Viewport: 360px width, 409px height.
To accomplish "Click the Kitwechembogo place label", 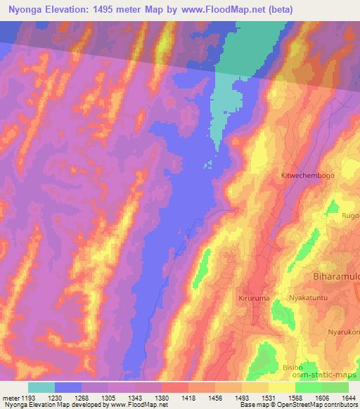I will [x=307, y=174].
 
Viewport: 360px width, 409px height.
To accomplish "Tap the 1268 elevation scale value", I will [x=96, y=398].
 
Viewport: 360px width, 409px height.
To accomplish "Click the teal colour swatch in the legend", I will [x=41, y=387].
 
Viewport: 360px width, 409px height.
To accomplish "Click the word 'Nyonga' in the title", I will [x=25, y=10].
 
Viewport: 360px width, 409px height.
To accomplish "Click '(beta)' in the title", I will [x=276, y=10].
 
